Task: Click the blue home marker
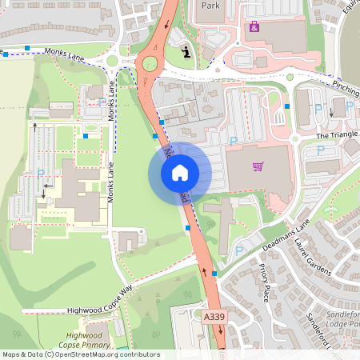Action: (x=180, y=173)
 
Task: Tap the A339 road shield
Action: (x=214, y=318)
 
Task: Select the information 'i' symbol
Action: (x=186, y=53)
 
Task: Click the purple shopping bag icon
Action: (x=254, y=27)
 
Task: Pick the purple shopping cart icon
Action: (x=258, y=166)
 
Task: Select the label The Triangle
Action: (x=334, y=136)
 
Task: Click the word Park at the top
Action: (x=210, y=5)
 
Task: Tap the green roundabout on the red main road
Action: (x=150, y=63)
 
